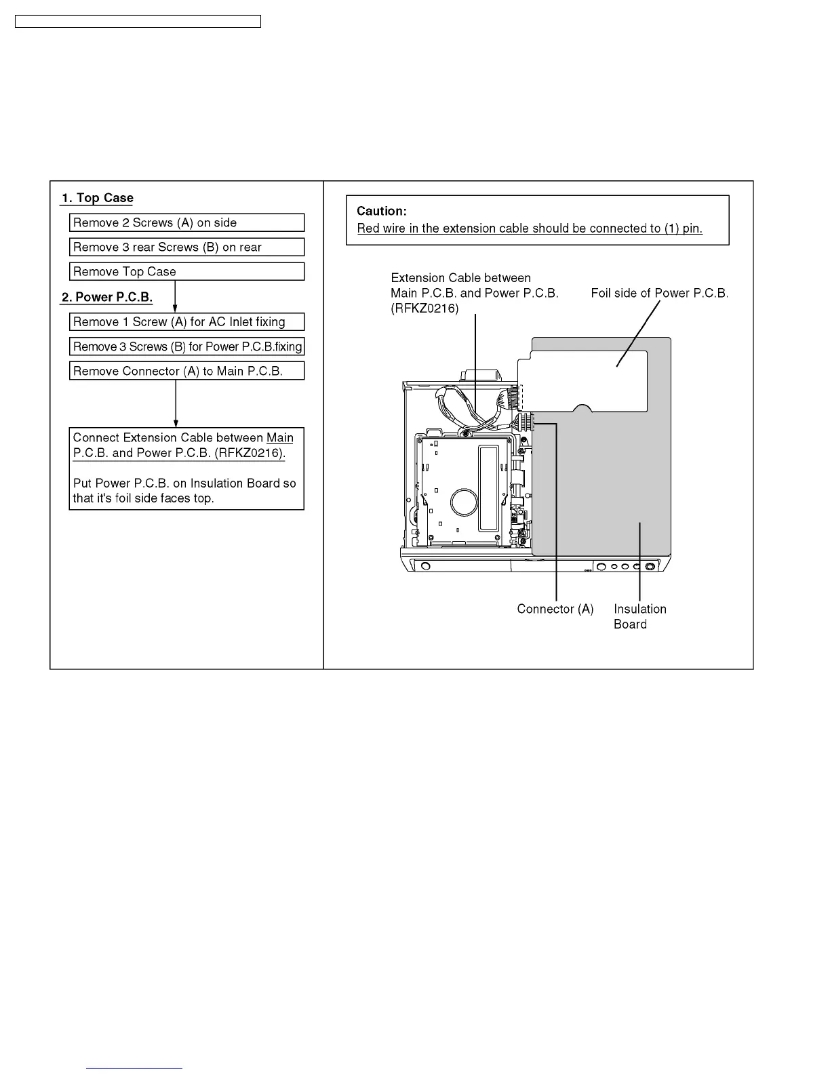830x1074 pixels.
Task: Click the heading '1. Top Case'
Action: click(x=98, y=198)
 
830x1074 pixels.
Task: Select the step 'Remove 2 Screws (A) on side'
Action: click(x=186, y=222)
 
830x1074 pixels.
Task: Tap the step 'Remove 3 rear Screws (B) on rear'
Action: click(x=186, y=247)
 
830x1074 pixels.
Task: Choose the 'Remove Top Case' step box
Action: click(x=186, y=271)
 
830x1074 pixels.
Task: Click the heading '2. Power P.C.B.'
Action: click(x=107, y=297)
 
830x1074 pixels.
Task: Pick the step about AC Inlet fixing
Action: click(x=186, y=321)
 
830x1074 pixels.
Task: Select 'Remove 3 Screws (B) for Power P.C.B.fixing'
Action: click(x=186, y=346)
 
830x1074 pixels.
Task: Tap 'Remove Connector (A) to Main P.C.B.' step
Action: click(x=186, y=371)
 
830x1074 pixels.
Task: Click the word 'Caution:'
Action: click(x=382, y=211)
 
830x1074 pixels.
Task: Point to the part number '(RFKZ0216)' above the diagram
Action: click(x=424, y=308)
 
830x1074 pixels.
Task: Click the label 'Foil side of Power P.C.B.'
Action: click(x=659, y=293)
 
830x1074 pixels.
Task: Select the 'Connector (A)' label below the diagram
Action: click(x=555, y=609)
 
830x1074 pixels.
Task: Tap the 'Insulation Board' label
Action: click(x=639, y=616)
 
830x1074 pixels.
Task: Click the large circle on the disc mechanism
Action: click(x=464, y=502)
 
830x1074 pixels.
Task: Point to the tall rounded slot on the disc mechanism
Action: click(x=489, y=488)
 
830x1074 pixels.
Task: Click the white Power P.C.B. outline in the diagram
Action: click(x=583, y=380)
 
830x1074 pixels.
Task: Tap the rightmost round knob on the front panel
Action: click(x=650, y=567)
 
